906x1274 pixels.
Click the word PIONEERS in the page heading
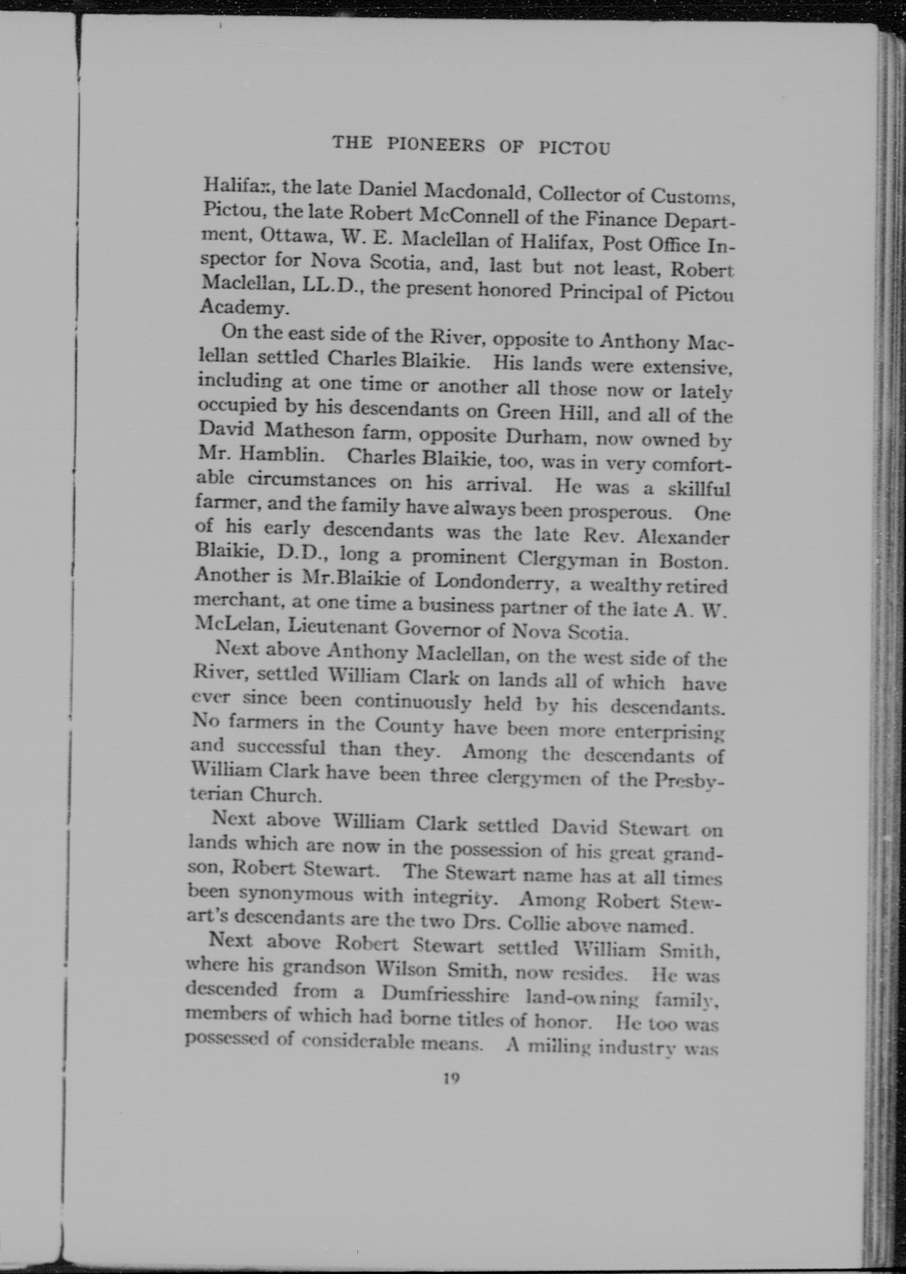[x=436, y=145]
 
